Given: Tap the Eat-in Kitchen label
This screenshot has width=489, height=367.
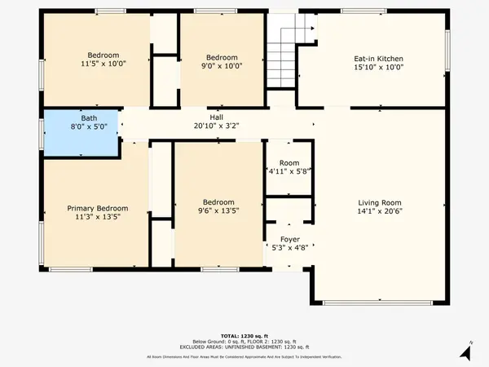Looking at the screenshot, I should point(378,59).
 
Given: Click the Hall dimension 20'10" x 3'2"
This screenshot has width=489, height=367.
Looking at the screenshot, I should point(217,126).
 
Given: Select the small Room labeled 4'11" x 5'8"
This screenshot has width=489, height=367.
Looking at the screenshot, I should point(289,167).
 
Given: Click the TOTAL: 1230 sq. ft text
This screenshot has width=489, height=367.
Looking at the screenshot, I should point(244,336).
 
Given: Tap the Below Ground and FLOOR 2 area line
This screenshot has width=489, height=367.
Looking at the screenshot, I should point(244,342).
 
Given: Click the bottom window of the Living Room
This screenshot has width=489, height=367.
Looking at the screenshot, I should point(378,303).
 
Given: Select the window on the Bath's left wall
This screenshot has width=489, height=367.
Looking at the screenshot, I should point(42,132).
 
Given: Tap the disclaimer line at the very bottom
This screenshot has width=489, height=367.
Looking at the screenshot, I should point(244,357).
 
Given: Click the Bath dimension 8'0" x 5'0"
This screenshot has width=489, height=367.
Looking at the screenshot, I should point(81,126).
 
